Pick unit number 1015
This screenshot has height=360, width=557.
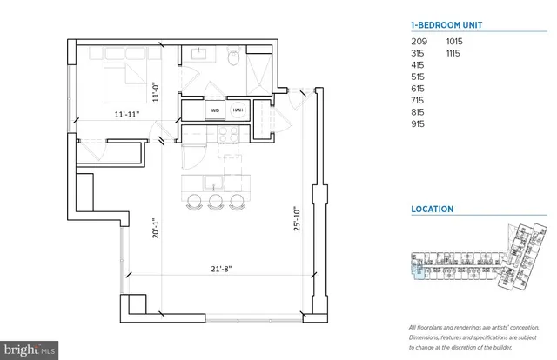point(457,42)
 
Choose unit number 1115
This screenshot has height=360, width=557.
point(457,53)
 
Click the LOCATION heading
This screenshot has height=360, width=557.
point(433,210)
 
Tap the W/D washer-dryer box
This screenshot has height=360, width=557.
point(214,111)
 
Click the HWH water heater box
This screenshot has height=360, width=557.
point(238,111)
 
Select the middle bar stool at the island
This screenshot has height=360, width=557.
point(216,202)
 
